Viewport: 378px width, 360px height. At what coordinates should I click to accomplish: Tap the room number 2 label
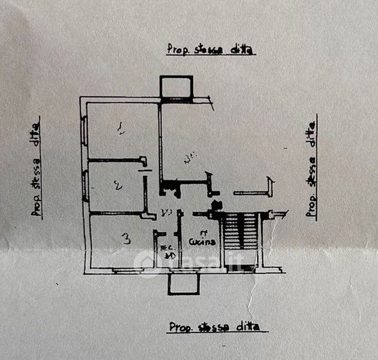click(x=118, y=186)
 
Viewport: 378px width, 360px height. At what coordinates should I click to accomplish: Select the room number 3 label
click(x=126, y=239)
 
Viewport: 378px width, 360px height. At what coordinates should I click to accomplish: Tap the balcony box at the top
click(x=176, y=86)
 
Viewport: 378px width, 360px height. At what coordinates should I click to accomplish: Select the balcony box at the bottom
click(x=184, y=283)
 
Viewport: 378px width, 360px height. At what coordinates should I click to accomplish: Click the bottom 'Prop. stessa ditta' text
click(x=214, y=327)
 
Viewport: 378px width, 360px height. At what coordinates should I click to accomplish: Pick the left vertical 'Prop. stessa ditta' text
click(x=37, y=166)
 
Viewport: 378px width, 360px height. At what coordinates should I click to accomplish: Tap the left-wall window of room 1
click(x=85, y=130)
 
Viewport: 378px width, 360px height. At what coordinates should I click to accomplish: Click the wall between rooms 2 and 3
click(x=118, y=212)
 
